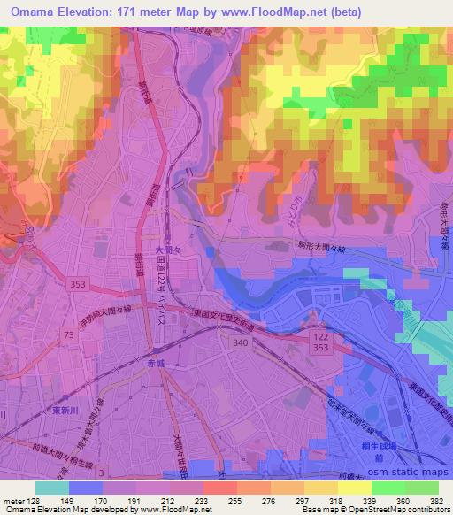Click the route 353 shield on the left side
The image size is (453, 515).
(x=77, y=283)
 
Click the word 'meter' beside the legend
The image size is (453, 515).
(x=12, y=500)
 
